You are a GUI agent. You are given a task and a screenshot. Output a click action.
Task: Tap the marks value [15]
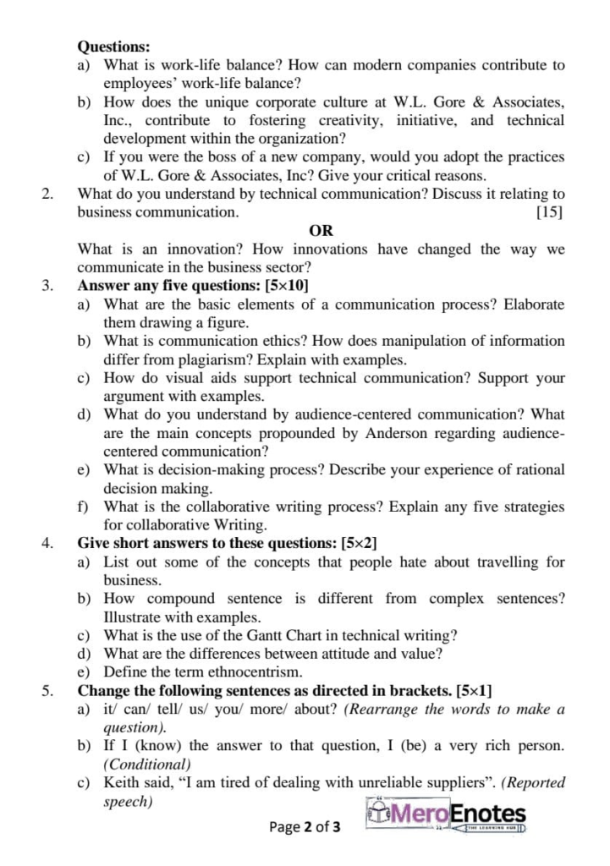550,211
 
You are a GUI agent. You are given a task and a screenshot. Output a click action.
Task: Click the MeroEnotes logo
448,814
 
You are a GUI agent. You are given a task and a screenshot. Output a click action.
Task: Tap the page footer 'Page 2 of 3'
305,826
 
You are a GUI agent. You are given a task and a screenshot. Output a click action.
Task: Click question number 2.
48,194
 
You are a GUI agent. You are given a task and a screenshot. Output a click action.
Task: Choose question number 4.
48,543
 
